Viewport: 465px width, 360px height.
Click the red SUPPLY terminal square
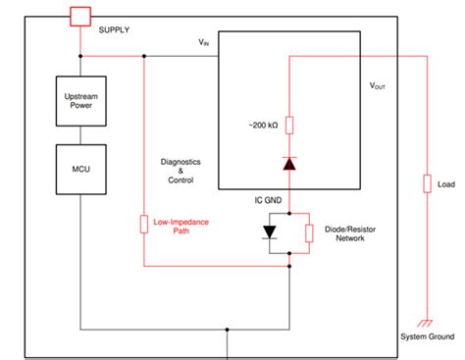(79, 16)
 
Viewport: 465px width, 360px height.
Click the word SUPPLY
(115, 29)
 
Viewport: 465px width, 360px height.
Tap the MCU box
(79, 169)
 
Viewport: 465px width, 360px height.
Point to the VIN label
(204, 42)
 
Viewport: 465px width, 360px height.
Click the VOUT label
(378, 86)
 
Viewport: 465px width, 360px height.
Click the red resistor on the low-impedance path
(144, 225)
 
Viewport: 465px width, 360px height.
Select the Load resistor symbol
(427, 183)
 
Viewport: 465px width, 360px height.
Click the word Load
(446, 183)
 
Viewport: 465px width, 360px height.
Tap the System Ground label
(427, 337)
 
